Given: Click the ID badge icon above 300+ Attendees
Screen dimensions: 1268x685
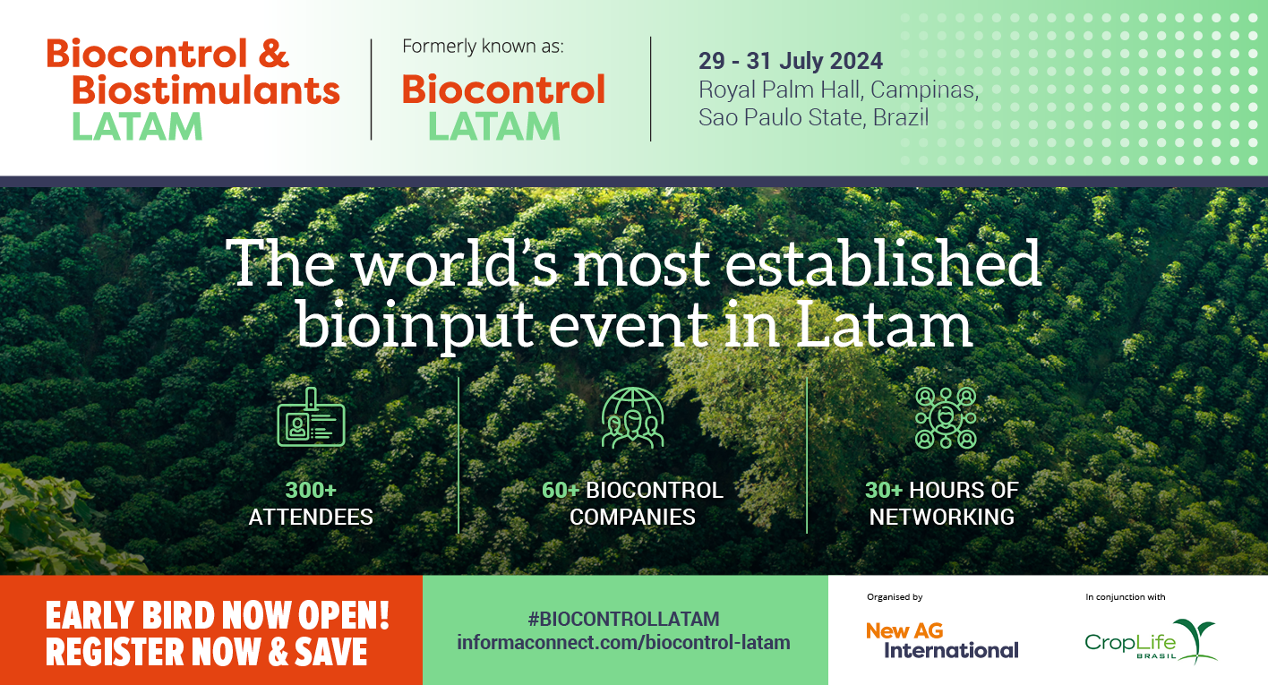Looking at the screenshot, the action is coord(311,417).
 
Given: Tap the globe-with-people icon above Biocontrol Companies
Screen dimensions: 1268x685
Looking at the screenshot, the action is coord(632,418).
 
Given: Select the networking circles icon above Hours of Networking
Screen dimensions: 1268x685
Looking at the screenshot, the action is coord(946,418).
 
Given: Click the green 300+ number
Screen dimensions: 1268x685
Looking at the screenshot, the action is coord(311,491).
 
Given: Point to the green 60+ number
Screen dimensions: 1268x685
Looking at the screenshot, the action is coord(561,491).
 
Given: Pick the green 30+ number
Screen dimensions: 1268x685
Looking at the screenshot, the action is coord(883,491).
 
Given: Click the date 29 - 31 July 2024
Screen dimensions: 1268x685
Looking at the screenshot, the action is coord(790,61).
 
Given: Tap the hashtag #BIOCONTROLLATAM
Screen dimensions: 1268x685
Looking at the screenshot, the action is coord(623,619).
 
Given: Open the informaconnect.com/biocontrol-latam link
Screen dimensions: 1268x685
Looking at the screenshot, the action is coord(623,643).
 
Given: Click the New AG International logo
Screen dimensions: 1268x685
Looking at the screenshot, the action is coord(942,641).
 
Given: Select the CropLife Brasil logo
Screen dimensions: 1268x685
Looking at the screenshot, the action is coord(1151,641).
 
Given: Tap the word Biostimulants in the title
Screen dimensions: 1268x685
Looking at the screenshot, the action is coord(205,90).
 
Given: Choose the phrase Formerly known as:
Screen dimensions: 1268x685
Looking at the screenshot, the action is coord(483,46).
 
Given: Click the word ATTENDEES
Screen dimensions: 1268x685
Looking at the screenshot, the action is coord(311,517).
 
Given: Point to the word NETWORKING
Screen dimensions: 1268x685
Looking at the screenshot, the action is coord(941,517).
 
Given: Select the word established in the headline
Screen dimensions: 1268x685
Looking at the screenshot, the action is coord(883,263).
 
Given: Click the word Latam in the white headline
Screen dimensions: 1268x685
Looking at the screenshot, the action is coord(884,324).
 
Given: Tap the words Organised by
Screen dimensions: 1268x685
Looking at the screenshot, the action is coord(895,596).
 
